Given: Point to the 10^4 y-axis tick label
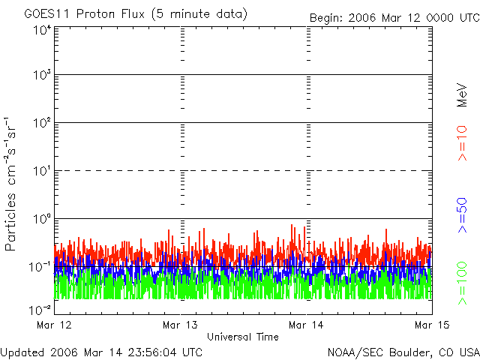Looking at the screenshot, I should click(42, 30).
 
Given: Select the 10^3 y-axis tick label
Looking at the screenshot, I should click(42, 76).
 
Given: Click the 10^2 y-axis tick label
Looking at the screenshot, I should click(42, 123).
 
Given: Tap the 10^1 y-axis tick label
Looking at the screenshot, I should click(42, 171).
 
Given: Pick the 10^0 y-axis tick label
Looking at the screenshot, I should click(42, 219).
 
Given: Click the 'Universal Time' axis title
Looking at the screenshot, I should click(242, 337).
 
